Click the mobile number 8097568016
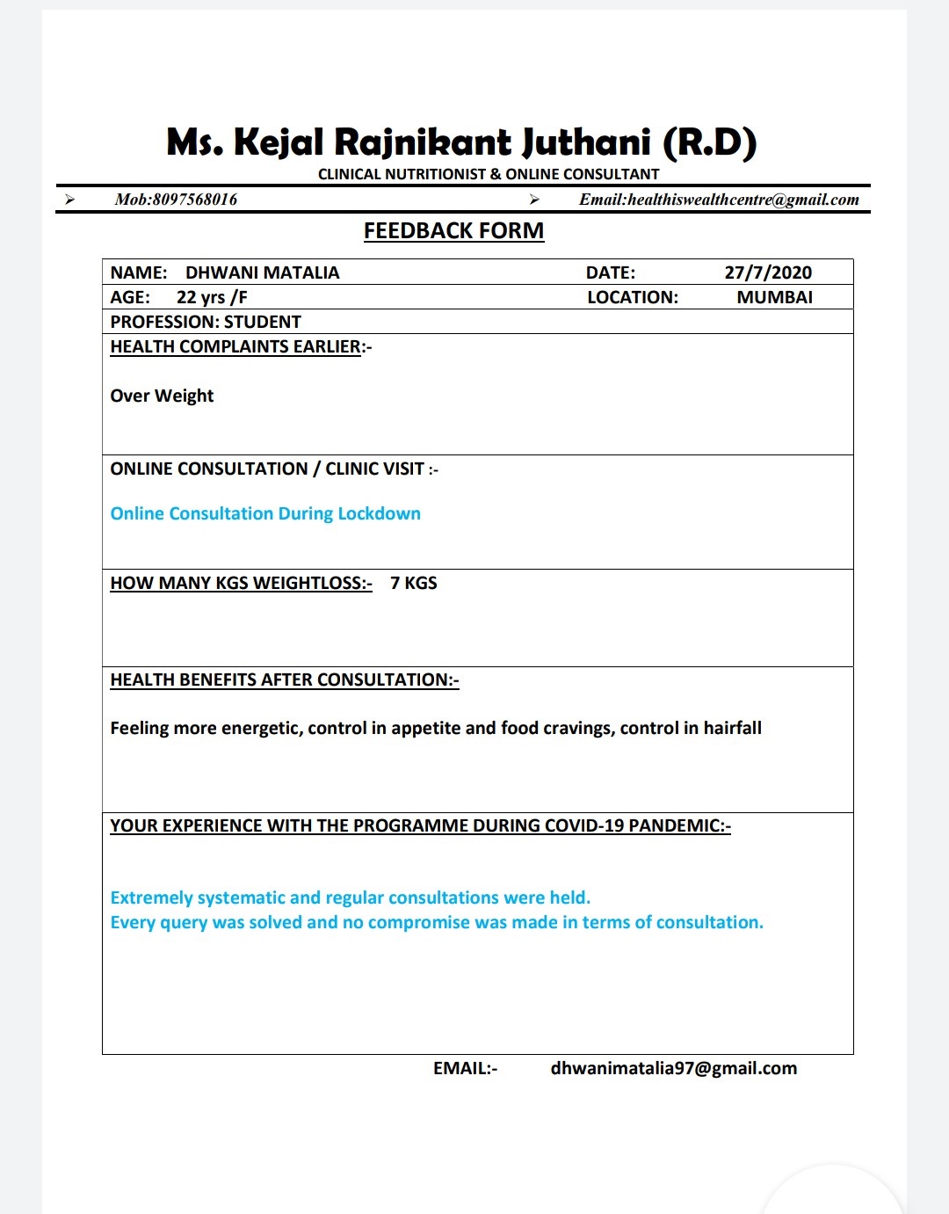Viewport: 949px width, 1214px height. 194,200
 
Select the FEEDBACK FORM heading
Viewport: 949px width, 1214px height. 453,230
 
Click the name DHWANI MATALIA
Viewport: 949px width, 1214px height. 262,273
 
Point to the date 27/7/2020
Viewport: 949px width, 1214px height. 768,273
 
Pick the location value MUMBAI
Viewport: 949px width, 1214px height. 774,297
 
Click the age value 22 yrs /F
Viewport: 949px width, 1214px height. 212,297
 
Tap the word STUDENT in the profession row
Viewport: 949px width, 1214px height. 262,322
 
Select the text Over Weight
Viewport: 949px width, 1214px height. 162,396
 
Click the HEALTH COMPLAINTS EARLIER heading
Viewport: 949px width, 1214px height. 235,346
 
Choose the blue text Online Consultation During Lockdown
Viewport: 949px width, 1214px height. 265,513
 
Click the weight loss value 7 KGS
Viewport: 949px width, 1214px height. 413,583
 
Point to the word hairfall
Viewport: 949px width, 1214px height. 732,728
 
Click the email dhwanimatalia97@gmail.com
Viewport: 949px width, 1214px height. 673,1068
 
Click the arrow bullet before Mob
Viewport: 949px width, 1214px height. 69,200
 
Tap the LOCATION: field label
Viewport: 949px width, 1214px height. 633,297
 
